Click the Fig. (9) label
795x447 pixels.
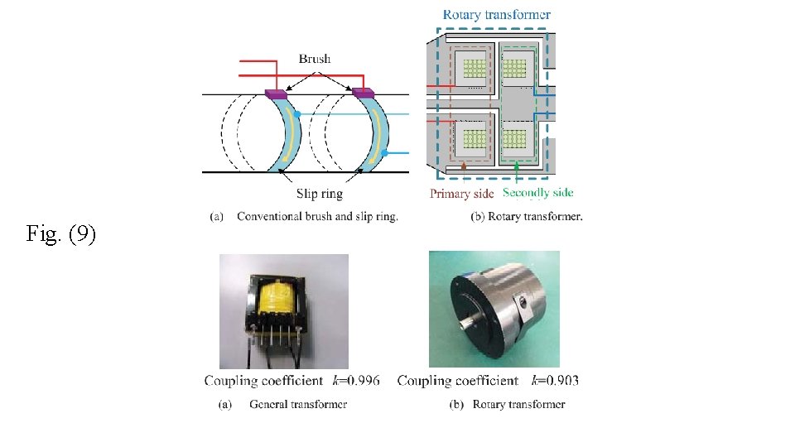[x=61, y=235]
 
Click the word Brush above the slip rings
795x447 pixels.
[x=314, y=59]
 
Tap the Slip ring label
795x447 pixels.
[x=319, y=194]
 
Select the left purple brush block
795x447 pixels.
[x=275, y=94]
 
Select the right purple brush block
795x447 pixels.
[x=364, y=94]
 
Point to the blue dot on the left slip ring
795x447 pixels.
[x=296, y=113]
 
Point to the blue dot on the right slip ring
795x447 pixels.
[x=384, y=153]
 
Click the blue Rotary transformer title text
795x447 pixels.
[x=496, y=15]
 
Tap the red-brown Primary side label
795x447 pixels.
[x=461, y=194]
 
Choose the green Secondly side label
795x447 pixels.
[x=537, y=194]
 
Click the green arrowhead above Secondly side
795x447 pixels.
[x=517, y=168]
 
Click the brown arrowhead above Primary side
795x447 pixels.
[x=463, y=168]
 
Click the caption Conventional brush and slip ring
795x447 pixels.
[x=317, y=217]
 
